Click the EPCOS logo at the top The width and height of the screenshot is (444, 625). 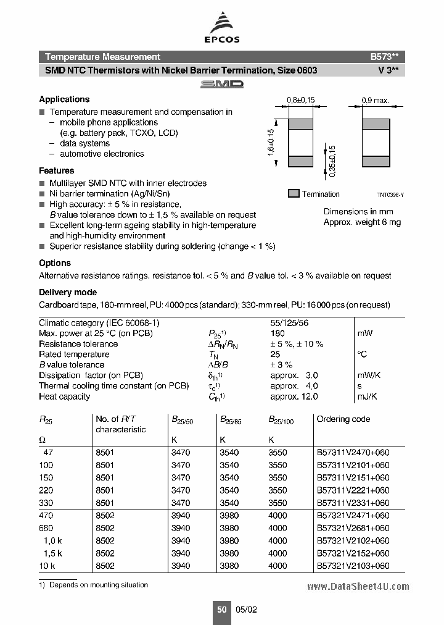[x=222, y=30]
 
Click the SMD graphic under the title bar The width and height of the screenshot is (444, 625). [x=222, y=84]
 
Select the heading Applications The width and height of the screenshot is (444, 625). [x=64, y=99]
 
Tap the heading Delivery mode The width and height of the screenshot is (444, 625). [x=68, y=292]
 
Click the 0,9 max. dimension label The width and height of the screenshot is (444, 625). [x=375, y=100]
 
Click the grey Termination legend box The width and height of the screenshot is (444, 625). [x=294, y=193]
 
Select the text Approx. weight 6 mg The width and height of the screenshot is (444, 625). [x=362, y=222]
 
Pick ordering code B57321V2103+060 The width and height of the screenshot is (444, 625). [x=353, y=565]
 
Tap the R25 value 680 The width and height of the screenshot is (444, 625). [x=46, y=528]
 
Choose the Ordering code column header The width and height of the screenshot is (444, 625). [x=343, y=419]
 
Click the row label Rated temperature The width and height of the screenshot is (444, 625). [x=74, y=354]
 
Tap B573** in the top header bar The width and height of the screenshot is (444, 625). [x=387, y=56]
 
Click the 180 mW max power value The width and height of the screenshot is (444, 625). [x=277, y=333]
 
